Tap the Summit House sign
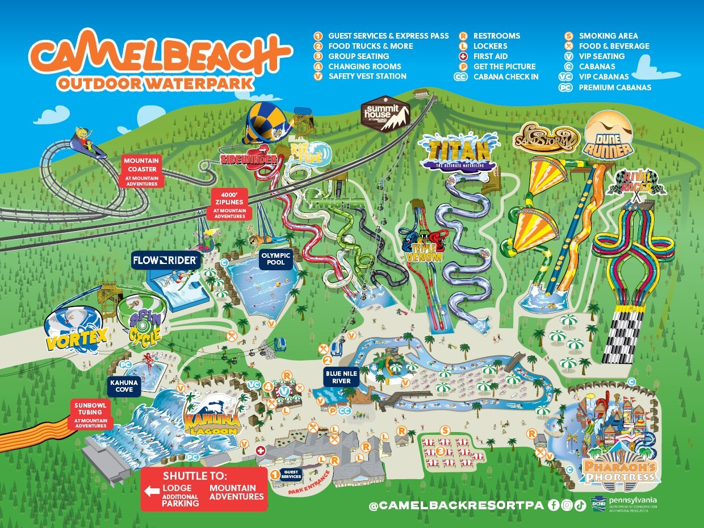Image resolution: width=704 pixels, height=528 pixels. [x=386, y=114]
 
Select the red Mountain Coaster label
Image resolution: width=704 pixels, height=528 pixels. [x=141, y=171]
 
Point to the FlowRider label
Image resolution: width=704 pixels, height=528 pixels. [x=165, y=261]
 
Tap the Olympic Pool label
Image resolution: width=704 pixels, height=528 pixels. [x=276, y=259]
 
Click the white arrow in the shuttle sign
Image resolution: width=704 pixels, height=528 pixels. [x=152, y=491]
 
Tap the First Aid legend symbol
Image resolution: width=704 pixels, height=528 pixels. [x=464, y=56]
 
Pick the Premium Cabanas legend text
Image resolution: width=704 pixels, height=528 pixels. [x=614, y=87]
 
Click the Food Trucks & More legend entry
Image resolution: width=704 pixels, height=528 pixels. [x=370, y=46]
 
